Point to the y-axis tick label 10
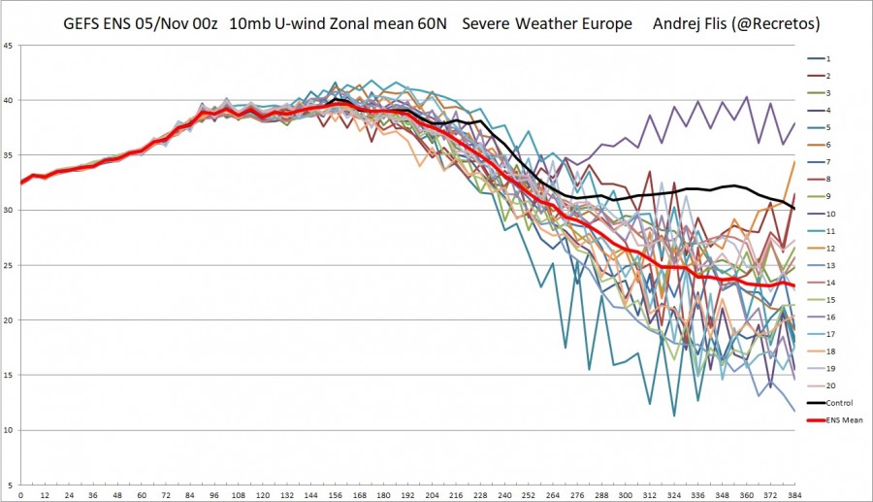click(8, 430)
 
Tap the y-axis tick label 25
click(8, 265)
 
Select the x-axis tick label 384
click(793, 495)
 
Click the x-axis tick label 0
click(21, 495)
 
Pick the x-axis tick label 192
click(407, 495)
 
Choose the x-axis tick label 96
click(214, 495)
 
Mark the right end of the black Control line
click(794, 208)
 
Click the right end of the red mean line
click(794, 285)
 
